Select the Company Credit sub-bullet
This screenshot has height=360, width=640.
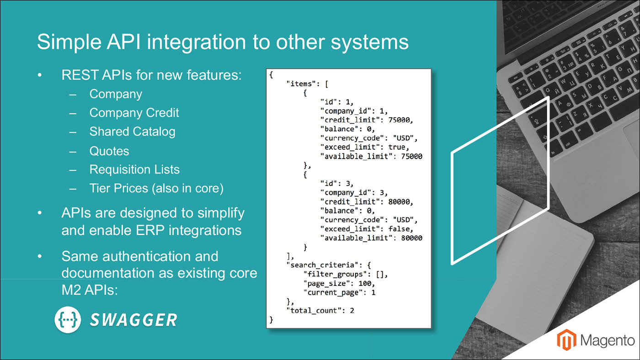click(x=134, y=113)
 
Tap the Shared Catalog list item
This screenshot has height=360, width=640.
click(x=132, y=132)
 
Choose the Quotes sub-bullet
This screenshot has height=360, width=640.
click(x=109, y=151)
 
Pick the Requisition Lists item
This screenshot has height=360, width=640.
click(x=134, y=169)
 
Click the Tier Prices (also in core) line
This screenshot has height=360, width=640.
click(x=156, y=188)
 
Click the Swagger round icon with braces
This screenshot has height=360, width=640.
click(x=68, y=319)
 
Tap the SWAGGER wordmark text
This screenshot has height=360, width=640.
click(x=133, y=320)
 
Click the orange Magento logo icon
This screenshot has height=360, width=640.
click(x=566, y=340)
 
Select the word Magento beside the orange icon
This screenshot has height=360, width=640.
click(x=608, y=340)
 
